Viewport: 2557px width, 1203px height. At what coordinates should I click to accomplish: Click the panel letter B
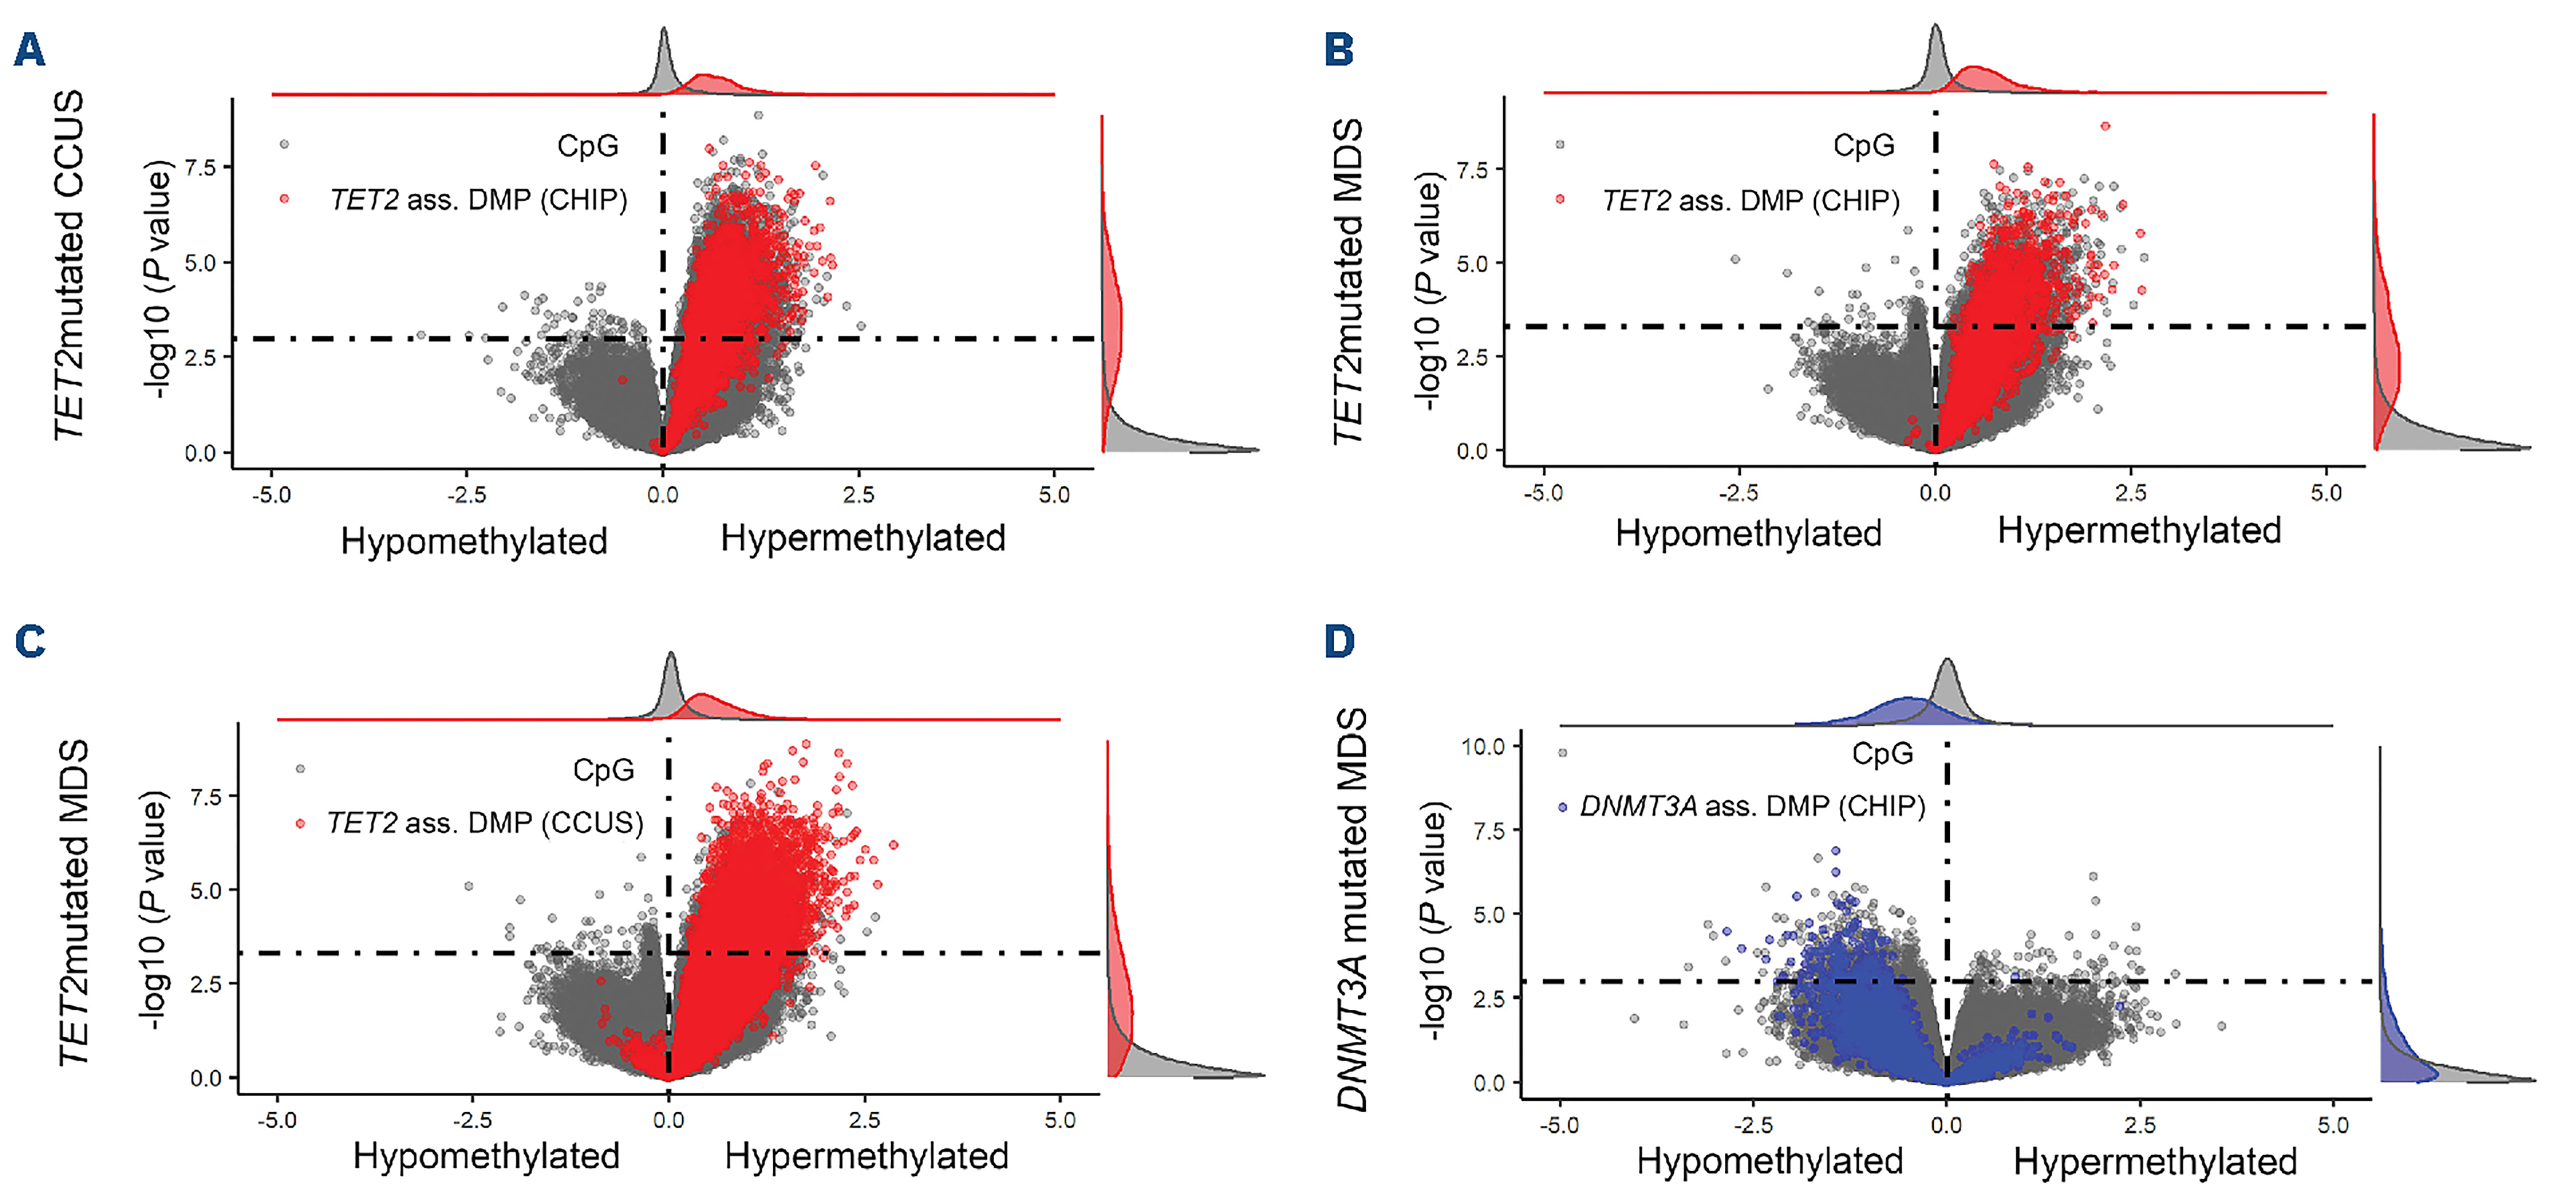[1339, 50]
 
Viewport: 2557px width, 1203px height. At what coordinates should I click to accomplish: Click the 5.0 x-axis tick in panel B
[2326, 492]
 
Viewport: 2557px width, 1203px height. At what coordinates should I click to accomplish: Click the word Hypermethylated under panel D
[2155, 1161]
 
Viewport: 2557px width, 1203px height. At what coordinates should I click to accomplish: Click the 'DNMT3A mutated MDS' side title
[1352, 908]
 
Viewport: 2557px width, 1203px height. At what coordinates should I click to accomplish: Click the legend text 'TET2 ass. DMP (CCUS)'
[485, 823]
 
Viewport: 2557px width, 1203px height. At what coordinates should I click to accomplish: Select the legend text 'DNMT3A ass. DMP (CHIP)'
[1752, 806]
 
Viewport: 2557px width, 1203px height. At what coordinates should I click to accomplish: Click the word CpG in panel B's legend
[1863, 146]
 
